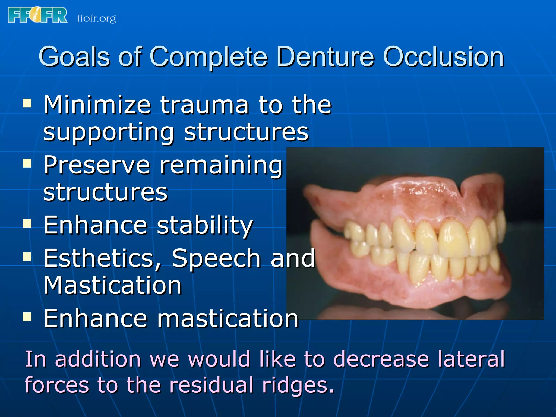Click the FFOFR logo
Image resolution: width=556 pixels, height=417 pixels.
pos(37,15)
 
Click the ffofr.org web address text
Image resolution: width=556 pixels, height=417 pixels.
pos(96,18)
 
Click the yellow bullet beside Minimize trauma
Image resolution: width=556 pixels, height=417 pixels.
pos(27,103)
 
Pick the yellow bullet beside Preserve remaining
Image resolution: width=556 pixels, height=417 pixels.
pos(27,163)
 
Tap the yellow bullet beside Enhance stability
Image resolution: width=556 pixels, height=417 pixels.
pos(27,224)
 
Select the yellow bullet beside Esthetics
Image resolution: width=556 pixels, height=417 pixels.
pos(27,257)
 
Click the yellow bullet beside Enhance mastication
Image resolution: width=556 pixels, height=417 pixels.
pos(27,317)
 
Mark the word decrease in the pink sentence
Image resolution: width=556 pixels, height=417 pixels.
pos(381,359)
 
